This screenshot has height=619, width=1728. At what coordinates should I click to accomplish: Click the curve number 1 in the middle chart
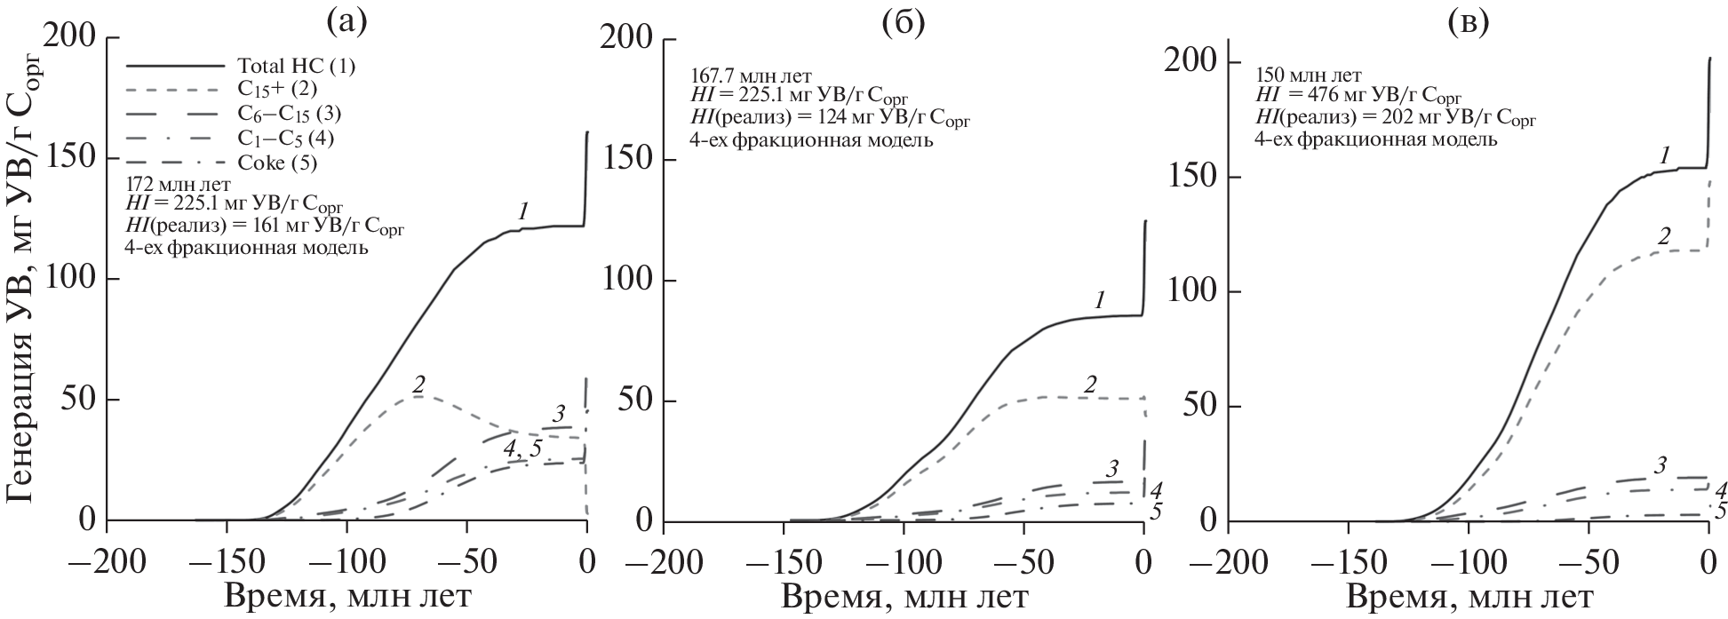[1099, 300]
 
